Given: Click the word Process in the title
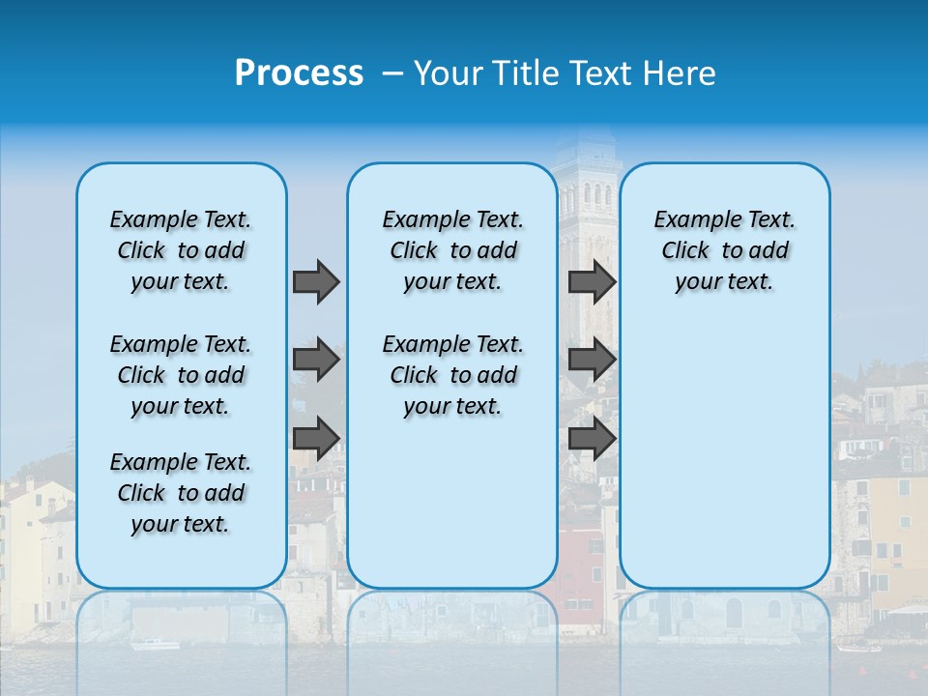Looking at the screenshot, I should point(299,73).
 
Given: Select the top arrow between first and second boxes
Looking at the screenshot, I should point(316,281).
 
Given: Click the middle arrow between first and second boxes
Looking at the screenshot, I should point(316,360).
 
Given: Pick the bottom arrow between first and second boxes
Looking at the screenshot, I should point(316,438).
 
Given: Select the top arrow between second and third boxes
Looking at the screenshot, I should point(592,281).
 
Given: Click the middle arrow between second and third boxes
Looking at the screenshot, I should point(592,360).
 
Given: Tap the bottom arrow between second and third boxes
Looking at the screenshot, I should point(592,438).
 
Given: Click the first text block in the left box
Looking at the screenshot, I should point(181,250).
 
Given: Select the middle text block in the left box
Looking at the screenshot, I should point(181,375).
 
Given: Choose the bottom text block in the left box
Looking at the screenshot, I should point(181,493).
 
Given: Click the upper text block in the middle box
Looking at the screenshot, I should point(452,250).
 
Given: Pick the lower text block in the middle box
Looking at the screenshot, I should point(452,375).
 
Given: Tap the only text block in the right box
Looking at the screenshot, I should point(724,250).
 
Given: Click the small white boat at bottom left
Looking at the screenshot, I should point(155,644).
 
